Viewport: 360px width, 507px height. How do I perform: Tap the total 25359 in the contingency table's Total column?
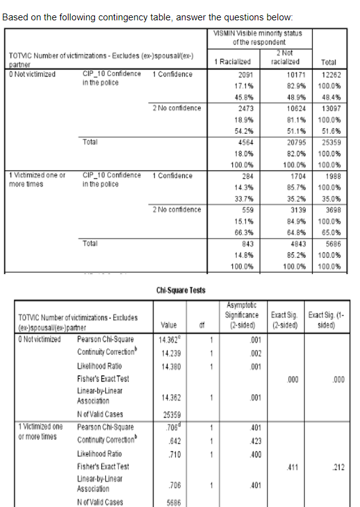click(332, 142)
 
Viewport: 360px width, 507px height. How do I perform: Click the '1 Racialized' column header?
click(232, 62)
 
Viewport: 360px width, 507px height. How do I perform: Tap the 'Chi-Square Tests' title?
click(181, 290)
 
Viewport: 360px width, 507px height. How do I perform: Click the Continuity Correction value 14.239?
click(170, 352)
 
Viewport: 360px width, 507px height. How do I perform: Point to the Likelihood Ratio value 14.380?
click(170, 367)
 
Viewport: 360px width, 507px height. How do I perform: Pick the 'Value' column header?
click(169, 325)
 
